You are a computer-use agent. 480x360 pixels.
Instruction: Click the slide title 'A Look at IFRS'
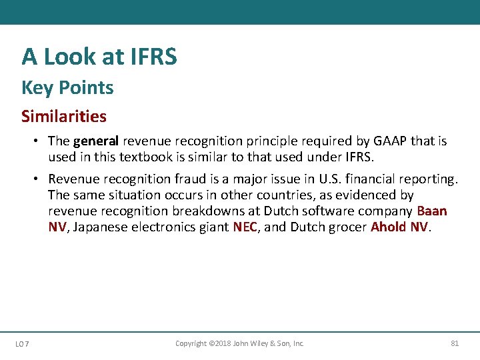99,57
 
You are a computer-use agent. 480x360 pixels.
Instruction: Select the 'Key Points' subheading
67,87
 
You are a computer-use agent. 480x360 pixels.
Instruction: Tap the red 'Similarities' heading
64,116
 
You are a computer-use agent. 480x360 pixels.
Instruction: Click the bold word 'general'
95,141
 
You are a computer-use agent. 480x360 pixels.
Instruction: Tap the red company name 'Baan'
432,211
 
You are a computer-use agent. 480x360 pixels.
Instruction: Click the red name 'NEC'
245,227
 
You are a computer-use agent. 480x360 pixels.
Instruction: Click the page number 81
455,343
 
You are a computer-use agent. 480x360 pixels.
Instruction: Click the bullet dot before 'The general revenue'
39,141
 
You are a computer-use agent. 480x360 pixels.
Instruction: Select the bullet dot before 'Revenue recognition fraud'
39,179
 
